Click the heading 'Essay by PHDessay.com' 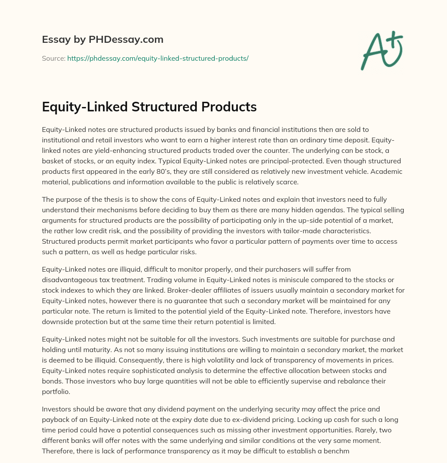point(103,40)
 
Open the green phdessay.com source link point(158,58)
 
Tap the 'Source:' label point(54,58)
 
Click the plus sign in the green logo point(395,39)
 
